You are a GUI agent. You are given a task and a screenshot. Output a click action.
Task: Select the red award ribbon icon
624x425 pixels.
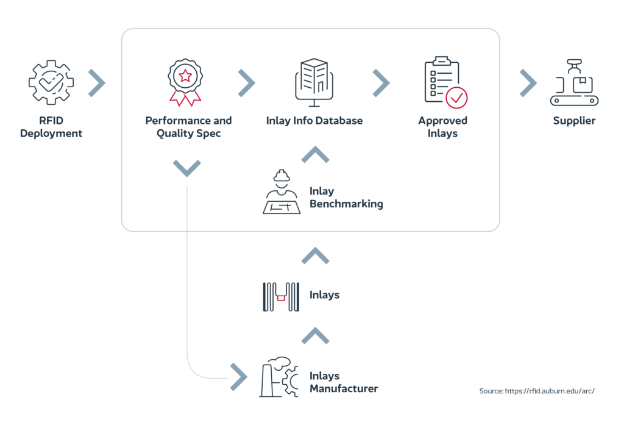[x=185, y=82]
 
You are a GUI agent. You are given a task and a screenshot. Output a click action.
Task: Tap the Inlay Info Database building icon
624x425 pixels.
[x=314, y=80]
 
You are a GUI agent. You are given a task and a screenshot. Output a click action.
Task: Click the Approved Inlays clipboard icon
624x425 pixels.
[x=445, y=82]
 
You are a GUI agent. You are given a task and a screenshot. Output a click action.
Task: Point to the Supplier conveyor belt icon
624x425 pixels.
[x=574, y=83]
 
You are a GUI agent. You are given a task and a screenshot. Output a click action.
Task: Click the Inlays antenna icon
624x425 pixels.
[x=281, y=297]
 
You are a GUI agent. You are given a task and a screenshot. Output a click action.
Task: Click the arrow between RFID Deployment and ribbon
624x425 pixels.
[x=96, y=83]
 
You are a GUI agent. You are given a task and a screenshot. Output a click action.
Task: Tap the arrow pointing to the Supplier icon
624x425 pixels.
[x=528, y=83]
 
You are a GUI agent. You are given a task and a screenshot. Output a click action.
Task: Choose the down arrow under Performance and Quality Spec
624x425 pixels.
[x=187, y=167]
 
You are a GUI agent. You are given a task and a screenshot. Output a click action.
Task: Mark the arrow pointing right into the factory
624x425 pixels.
[x=238, y=377]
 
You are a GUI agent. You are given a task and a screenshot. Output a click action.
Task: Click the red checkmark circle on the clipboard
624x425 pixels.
[x=456, y=97]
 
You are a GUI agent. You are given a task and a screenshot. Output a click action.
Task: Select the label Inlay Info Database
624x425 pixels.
[x=314, y=121]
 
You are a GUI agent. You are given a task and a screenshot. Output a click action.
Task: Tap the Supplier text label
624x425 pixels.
[x=574, y=121]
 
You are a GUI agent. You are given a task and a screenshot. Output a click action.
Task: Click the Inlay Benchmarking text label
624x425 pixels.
[x=346, y=198]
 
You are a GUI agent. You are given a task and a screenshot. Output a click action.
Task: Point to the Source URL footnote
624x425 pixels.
[x=536, y=390]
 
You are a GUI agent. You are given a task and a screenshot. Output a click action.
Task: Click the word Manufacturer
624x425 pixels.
[x=343, y=388]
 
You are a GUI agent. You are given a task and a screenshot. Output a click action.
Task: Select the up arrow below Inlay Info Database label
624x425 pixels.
[x=315, y=154]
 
